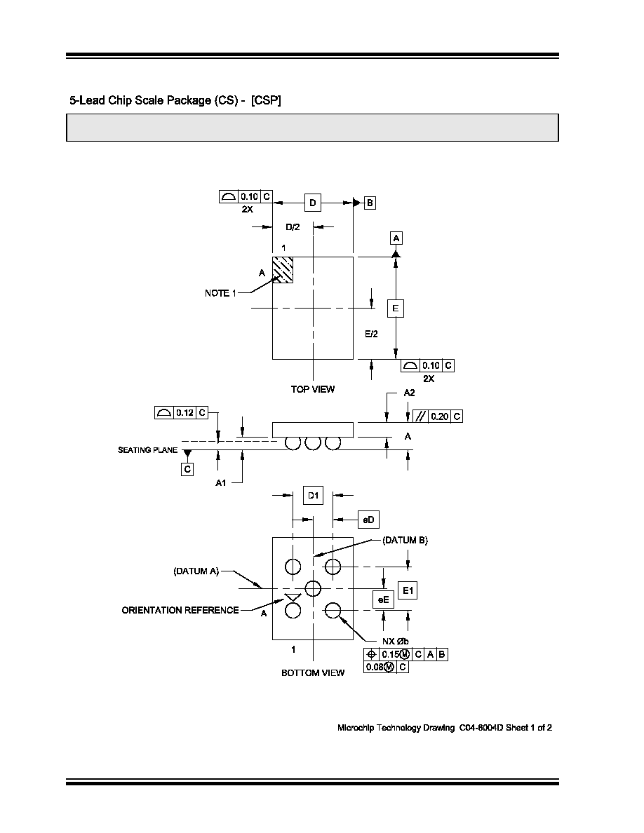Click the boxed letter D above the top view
312,203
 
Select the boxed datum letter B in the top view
370,203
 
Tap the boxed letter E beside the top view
396,308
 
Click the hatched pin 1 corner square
283,270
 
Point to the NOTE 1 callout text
220,293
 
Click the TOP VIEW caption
312,389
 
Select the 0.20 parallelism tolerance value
439,416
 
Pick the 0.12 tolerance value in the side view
185,413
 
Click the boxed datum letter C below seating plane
187,470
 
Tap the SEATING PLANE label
148,450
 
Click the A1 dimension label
220,483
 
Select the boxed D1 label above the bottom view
313,496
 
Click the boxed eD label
368,520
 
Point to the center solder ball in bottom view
313,588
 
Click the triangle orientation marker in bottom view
293,597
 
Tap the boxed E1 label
408,590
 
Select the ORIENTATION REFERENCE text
180,611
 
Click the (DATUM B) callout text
405,541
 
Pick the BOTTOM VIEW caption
313,673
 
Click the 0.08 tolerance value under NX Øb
375,668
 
